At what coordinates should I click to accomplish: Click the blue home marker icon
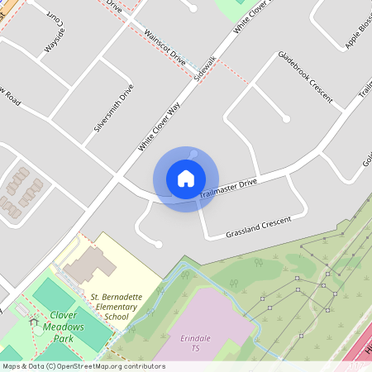[185, 178]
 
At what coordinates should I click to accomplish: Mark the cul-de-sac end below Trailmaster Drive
[158, 244]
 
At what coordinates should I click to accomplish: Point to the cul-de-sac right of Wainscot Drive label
[193, 9]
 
